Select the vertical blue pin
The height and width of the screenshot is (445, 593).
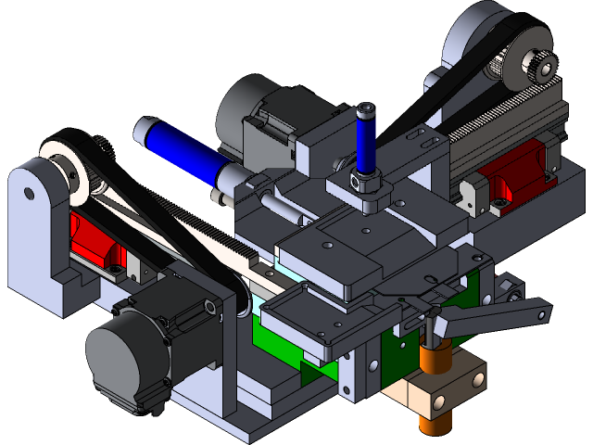click(364, 144)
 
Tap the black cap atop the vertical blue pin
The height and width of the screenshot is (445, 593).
click(366, 113)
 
